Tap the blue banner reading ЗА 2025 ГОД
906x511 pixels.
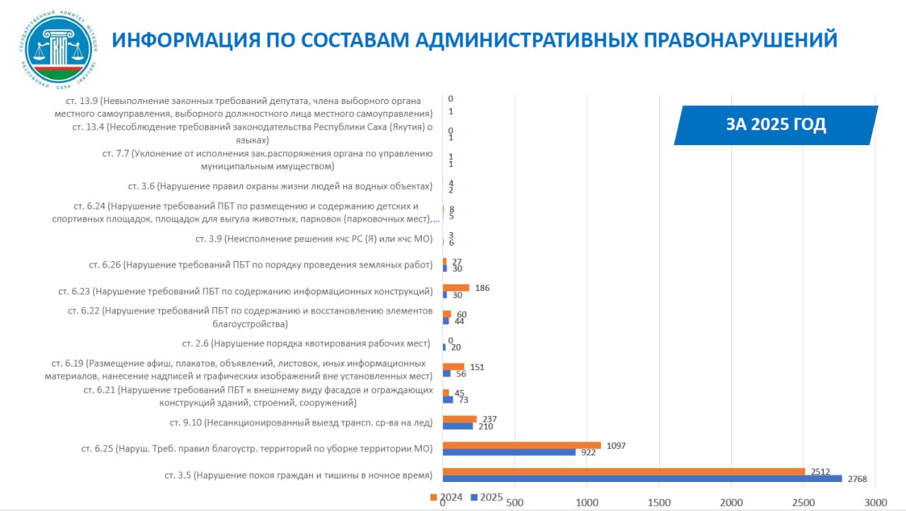tap(776, 125)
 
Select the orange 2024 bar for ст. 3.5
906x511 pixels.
tap(624, 471)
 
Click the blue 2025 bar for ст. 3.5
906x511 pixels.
tap(642, 479)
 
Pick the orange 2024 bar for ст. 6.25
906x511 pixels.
tap(522, 445)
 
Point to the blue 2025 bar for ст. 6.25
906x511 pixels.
tap(509, 452)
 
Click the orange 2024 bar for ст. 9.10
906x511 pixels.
tap(459, 419)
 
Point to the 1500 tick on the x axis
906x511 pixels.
tap(659, 503)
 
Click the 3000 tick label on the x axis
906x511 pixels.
tap(876, 503)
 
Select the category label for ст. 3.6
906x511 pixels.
tap(280, 186)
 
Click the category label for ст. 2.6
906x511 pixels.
tap(306, 343)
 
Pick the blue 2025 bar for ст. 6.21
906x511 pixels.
tap(448, 400)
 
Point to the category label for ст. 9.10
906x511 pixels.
tap(300, 423)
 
